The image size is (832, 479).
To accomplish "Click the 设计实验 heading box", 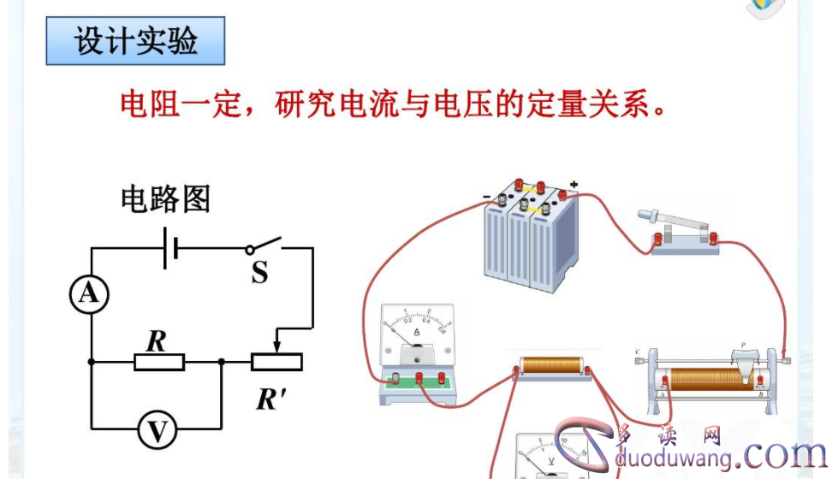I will click(135, 42).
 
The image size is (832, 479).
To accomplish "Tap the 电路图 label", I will click(165, 199).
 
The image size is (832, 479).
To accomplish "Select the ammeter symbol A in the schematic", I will click(89, 294).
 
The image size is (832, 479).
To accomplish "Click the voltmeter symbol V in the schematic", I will click(157, 431).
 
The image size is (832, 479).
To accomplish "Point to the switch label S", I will click(259, 273).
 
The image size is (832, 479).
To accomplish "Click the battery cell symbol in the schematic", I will click(171, 248).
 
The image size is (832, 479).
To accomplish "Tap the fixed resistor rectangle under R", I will click(159, 362).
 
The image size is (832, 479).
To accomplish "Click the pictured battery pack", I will click(526, 237).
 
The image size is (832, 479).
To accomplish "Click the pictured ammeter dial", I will click(417, 336).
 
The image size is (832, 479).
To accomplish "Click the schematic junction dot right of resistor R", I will click(222, 362).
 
